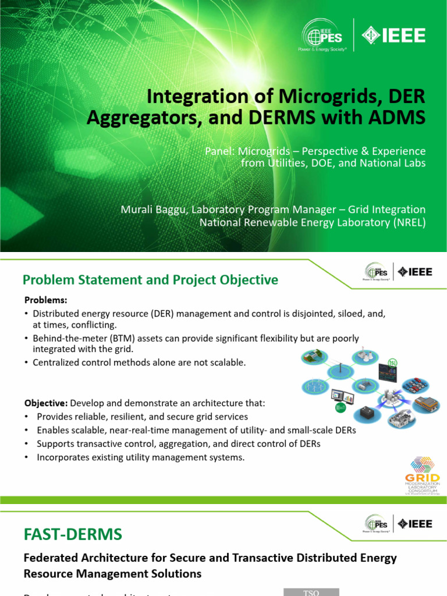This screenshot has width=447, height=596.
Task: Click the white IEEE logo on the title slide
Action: coord(395,36)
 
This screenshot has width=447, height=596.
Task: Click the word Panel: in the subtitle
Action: coord(220,151)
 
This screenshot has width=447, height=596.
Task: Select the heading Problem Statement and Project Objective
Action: coord(150,280)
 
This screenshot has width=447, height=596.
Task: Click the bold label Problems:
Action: coord(45,300)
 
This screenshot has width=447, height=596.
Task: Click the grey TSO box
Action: coord(311,592)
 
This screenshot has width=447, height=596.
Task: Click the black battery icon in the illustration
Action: coord(368,411)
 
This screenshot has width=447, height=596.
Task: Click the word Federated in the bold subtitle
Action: coord(49,558)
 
